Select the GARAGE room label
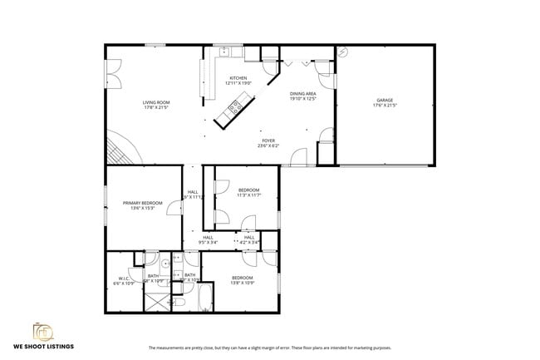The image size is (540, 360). coord(385,100)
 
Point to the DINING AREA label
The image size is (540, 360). coord(303,94)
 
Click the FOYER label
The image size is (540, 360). coord(268,141)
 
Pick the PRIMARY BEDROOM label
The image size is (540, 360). coord(142,203)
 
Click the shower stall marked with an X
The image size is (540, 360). coord(156,298)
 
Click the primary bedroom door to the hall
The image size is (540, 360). coord(176,205)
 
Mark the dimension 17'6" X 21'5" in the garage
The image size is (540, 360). coord(385,106)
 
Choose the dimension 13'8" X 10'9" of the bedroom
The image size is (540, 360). coord(242,283)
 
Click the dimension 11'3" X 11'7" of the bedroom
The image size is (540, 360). coord(248,195)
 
